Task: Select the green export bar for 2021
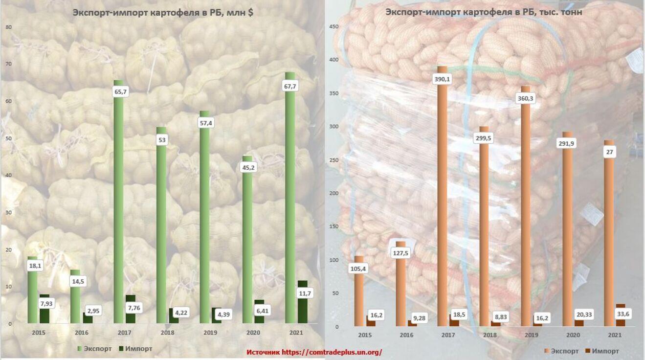click(290, 196)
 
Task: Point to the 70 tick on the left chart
click(8, 64)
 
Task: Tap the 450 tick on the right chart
click(334, 27)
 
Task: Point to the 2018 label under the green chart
click(167, 333)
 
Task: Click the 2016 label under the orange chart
click(406, 335)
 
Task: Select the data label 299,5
click(483, 138)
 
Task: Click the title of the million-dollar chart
click(162, 13)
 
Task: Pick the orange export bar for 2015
click(359, 293)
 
